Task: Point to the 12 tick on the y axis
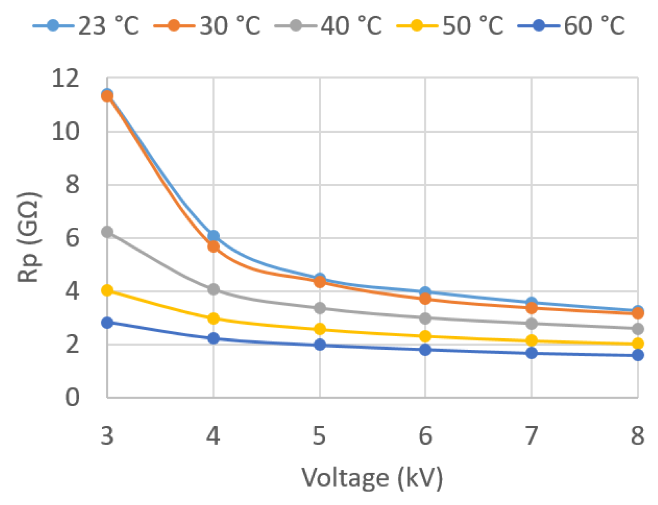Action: (x=65, y=78)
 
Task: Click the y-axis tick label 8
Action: (x=72, y=185)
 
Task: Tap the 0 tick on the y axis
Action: (x=72, y=397)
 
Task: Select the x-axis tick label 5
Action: (x=319, y=436)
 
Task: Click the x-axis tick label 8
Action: (x=638, y=436)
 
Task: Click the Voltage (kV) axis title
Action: (x=372, y=478)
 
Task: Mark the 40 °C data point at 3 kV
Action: (x=107, y=232)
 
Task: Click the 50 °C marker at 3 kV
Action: (x=107, y=291)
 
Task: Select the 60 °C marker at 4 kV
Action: (x=214, y=338)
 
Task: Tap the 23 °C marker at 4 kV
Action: (x=214, y=236)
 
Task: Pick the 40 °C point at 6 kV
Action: (x=426, y=318)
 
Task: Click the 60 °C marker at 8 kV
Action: (x=638, y=355)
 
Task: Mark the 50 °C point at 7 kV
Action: (x=532, y=340)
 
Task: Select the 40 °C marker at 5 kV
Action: (x=320, y=308)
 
